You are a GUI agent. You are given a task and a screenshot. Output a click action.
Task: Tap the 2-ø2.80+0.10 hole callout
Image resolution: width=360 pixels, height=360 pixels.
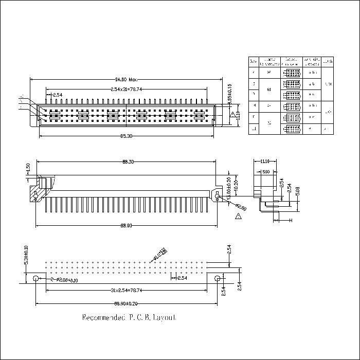pyautogui.click(x=65, y=280)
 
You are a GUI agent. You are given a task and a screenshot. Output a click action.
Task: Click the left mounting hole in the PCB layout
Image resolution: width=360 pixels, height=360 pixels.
pyautogui.click(x=35, y=279)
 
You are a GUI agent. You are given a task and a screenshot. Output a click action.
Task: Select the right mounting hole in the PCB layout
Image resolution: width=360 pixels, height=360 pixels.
pyautogui.click(x=218, y=279)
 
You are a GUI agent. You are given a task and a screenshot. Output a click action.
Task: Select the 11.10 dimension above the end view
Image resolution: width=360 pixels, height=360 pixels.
pyautogui.click(x=265, y=161)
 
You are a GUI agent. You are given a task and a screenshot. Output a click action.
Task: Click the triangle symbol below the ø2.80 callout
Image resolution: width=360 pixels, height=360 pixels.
pyautogui.click(x=238, y=218)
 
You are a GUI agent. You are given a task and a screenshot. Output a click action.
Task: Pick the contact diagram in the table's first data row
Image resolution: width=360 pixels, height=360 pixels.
pyautogui.click(x=291, y=73)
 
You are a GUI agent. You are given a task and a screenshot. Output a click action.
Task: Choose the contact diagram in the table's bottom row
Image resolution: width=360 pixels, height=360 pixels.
pyautogui.click(x=291, y=129)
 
